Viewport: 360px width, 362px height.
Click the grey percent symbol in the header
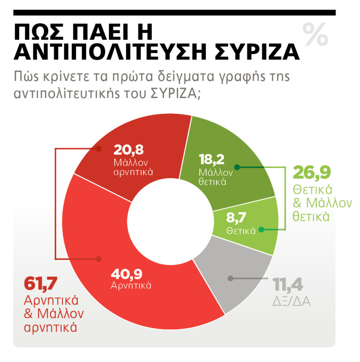coord(315,34)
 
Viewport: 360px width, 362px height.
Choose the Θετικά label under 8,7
coord(241,231)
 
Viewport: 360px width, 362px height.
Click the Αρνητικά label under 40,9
coord(131,285)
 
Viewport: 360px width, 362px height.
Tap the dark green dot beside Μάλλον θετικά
coord(236,167)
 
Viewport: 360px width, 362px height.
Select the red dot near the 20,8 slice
coord(98,149)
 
